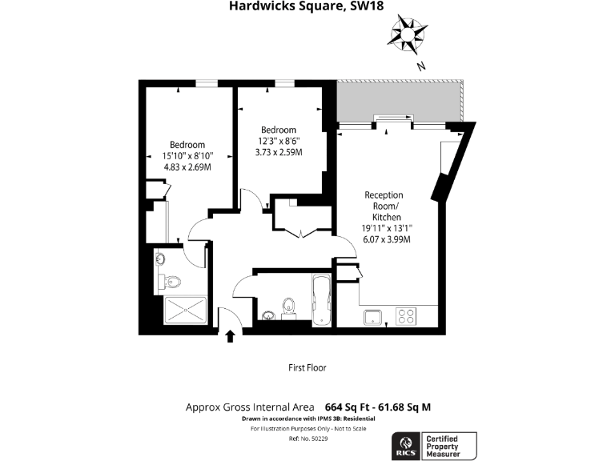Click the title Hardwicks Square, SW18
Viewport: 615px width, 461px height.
[x=307, y=8]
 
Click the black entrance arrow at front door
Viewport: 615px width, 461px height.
[x=231, y=336]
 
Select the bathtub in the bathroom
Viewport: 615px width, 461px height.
[x=320, y=301]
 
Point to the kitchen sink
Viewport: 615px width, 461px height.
[x=373, y=317]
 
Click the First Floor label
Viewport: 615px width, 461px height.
[x=307, y=368]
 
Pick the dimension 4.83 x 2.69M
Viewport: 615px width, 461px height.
[x=187, y=167]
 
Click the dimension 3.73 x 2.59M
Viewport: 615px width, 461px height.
[x=278, y=152]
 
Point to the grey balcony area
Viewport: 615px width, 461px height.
[x=400, y=101]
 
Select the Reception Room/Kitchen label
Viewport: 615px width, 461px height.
[x=384, y=206]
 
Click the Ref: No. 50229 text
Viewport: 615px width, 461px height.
[x=307, y=439]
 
